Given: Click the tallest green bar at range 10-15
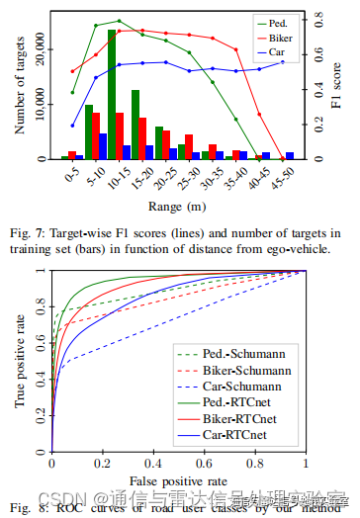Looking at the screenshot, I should tap(112, 95).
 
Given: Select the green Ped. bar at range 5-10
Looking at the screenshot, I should tap(89, 132).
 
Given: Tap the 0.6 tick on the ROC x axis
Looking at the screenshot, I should tap(204, 464).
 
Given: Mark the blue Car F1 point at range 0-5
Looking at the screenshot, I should tap(73, 127).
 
